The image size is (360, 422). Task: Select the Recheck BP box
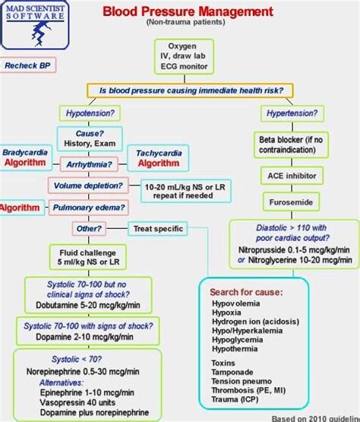click(27, 65)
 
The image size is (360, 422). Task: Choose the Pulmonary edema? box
click(90, 207)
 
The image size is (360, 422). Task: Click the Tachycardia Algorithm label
click(157, 158)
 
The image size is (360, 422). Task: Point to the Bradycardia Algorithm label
click(26, 158)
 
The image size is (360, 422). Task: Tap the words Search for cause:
click(247, 292)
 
